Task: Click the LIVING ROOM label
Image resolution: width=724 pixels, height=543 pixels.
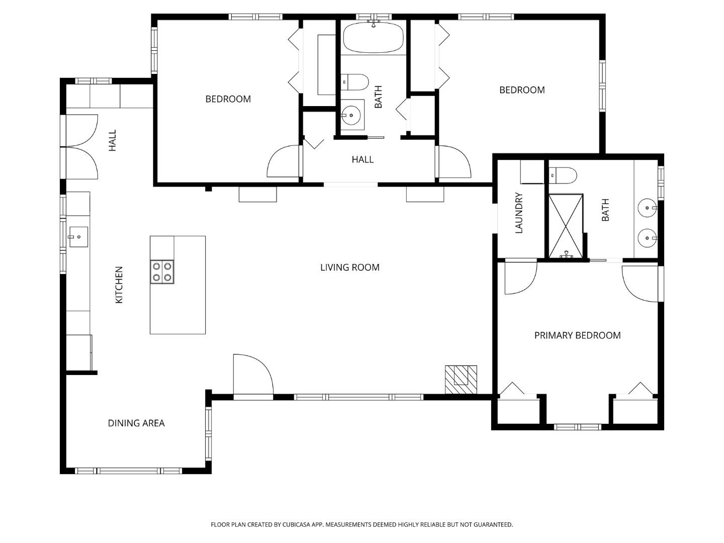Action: [x=349, y=267]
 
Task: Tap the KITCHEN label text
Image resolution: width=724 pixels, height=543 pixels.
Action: [x=119, y=285]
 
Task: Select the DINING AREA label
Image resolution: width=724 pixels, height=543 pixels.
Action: [x=136, y=423]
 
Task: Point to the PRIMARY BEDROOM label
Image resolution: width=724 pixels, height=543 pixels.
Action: [x=577, y=335]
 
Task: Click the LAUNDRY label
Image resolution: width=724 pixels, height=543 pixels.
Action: [x=519, y=213]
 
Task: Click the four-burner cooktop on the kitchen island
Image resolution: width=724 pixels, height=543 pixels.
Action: [x=162, y=272]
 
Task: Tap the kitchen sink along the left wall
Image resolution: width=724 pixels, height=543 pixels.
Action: [x=78, y=237]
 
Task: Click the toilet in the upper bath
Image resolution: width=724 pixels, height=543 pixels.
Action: [x=355, y=82]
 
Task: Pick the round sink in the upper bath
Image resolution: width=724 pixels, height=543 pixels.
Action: [x=352, y=115]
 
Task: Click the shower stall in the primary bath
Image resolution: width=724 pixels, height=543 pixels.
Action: [x=566, y=226]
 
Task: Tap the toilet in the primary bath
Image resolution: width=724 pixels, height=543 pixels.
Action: [x=563, y=175]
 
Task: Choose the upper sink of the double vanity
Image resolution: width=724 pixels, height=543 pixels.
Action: [x=646, y=207]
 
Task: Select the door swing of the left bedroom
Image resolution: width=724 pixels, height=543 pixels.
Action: [x=283, y=161]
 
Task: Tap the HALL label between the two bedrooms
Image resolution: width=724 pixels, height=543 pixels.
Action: [x=362, y=160]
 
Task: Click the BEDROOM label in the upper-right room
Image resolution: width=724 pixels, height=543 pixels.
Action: [x=522, y=90]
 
